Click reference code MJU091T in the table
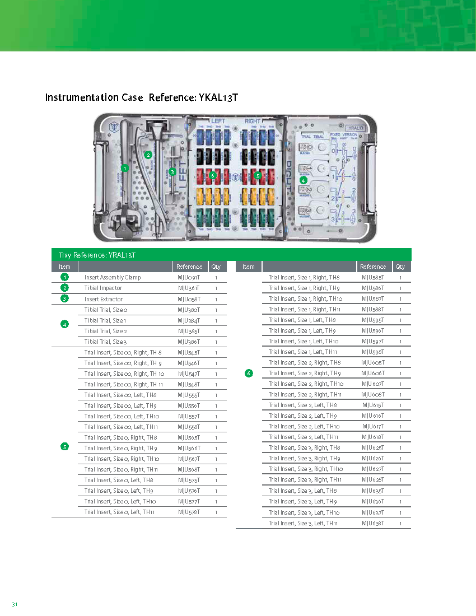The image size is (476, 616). pos(189,277)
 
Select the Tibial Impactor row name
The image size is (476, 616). pos(103,288)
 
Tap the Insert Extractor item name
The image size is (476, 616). pos(104,299)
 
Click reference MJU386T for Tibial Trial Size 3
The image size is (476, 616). pos(189,342)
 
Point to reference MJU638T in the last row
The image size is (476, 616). pos(373,523)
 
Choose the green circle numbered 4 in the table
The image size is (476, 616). pos(65,324)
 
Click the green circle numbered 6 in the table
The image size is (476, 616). pos(249,373)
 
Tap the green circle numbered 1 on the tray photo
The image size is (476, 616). pos(124,168)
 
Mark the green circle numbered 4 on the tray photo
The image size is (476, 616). pos(303,180)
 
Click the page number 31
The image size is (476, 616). pos(15,604)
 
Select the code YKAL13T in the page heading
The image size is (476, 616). pos(218,97)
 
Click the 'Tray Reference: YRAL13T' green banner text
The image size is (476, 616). pos(97,255)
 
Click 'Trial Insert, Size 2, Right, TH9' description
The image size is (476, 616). pos(305,373)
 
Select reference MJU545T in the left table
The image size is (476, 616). pos(189,352)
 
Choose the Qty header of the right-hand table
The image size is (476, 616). pos(400,267)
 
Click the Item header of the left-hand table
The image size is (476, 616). pos(65,267)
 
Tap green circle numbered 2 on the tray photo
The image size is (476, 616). pos(148,155)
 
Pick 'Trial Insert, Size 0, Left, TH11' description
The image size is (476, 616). pos(119,512)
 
